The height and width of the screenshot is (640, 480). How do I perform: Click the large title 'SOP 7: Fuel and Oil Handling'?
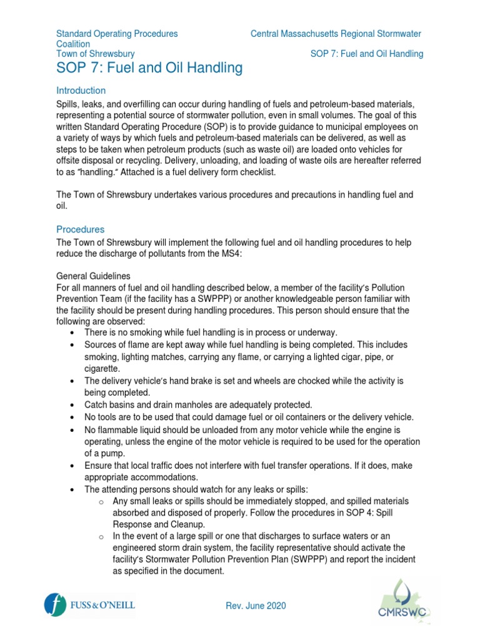149,67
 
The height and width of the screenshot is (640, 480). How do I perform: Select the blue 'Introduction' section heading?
81,91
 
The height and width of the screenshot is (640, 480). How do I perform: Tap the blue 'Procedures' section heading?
81,229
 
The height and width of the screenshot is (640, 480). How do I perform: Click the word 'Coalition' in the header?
73,44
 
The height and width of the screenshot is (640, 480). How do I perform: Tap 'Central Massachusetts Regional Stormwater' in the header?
336,33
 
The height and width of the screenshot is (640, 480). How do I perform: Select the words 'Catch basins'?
109,405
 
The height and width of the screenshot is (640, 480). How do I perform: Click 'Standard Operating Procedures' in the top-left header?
117,33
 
